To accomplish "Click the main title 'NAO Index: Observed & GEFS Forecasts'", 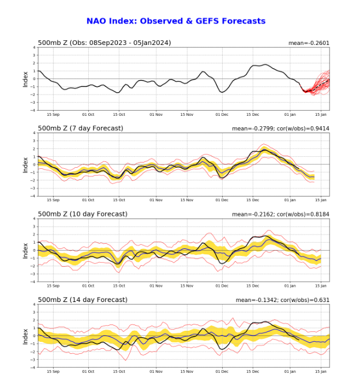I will point(176,21).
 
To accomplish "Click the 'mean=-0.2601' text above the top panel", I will point(309,43).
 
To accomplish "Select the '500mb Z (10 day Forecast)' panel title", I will point(82,214).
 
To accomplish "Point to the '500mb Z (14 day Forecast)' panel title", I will point(82,300).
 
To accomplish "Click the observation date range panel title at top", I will point(104,43).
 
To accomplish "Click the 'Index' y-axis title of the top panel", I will point(25,79).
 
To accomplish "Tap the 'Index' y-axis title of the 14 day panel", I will point(25,336).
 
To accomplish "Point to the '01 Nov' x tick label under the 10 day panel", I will point(156,286).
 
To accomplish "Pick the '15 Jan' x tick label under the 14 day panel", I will point(321,372).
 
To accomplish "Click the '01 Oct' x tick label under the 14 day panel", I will point(89,372).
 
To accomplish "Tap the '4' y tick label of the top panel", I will point(34,48).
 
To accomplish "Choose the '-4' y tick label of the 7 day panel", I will point(33,196).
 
